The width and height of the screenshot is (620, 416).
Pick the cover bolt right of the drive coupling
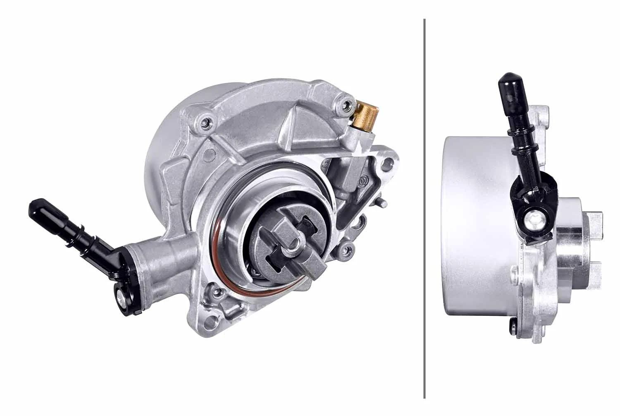tap(346, 249)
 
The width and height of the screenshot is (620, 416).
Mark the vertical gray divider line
tap(424, 207)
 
